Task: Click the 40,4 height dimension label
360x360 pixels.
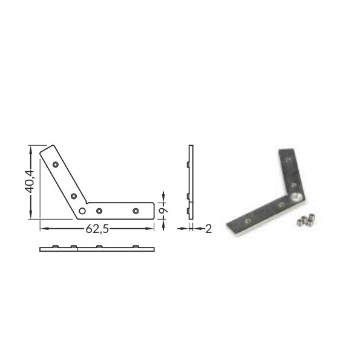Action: pyautogui.click(x=30, y=182)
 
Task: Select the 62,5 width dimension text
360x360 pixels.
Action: pyautogui.click(x=97, y=229)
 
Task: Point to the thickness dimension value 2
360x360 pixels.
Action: pyautogui.click(x=208, y=229)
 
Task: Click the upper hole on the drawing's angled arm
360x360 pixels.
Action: pyautogui.click(x=55, y=165)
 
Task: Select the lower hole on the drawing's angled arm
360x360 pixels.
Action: pyautogui.click(x=74, y=196)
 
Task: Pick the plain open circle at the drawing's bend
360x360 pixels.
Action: pyautogui.click(x=82, y=211)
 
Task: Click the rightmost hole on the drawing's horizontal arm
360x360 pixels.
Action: pyautogui.click(x=136, y=211)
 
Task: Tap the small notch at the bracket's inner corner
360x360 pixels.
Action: pyautogui.click(x=87, y=203)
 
